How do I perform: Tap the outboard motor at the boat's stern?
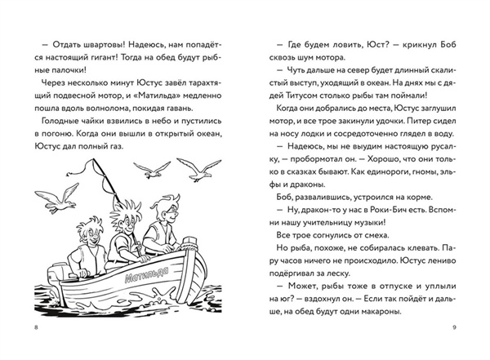47,282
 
